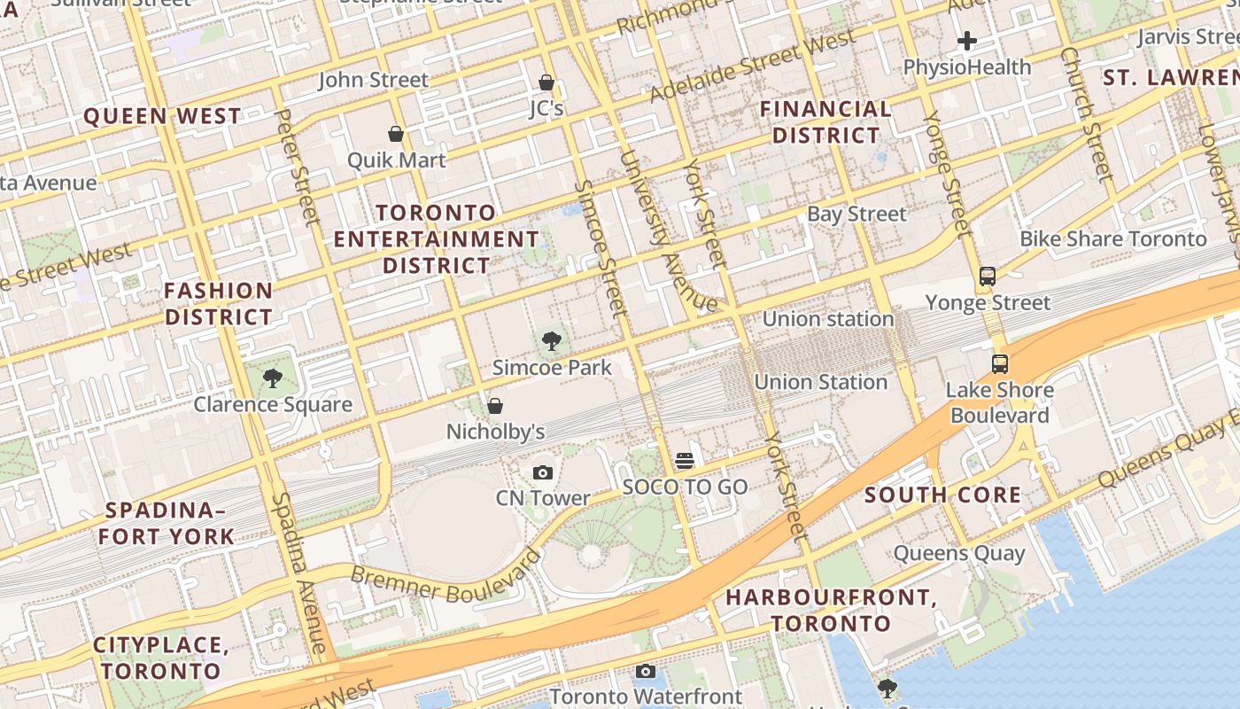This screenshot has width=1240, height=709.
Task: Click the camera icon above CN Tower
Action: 543,472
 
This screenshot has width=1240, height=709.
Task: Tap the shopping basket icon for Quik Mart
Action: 396,134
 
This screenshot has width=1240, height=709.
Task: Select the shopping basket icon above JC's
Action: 546,82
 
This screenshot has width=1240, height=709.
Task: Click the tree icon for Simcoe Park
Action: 552,341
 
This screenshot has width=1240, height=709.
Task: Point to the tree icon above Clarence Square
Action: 273,378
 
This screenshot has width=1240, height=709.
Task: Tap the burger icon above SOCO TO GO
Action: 685,461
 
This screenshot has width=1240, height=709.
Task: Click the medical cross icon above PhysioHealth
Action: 967,41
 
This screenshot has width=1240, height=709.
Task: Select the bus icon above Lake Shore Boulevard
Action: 1000,363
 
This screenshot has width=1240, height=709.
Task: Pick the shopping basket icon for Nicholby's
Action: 495,406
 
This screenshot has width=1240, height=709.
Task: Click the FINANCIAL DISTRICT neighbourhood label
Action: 826,122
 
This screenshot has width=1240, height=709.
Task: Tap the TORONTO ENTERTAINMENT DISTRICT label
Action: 436,239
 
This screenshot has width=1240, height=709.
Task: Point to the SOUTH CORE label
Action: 943,495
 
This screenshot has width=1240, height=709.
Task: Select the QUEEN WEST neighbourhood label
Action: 162,116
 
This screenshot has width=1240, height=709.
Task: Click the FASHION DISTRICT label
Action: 219,303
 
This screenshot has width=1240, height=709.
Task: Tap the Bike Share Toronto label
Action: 1112,238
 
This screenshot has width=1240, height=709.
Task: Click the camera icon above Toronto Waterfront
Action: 646,671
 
